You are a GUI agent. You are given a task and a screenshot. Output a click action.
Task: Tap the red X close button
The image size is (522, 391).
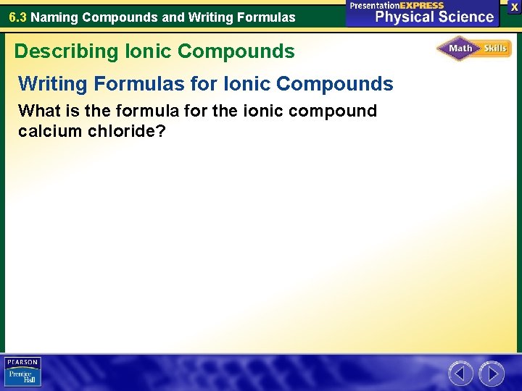tap(514, 6)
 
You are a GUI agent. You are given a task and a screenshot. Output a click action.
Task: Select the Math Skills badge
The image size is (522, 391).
tap(474, 49)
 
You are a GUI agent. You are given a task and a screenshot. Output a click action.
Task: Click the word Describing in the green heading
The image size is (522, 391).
tap(57, 51)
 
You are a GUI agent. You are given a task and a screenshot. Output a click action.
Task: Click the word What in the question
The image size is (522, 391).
tap(38, 111)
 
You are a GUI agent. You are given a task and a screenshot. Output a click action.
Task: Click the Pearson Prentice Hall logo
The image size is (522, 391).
tap(22, 371)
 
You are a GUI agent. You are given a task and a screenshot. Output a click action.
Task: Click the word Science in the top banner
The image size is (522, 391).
tap(465, 17)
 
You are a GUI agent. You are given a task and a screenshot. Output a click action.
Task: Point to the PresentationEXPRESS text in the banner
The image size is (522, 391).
tap(397, 5)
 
